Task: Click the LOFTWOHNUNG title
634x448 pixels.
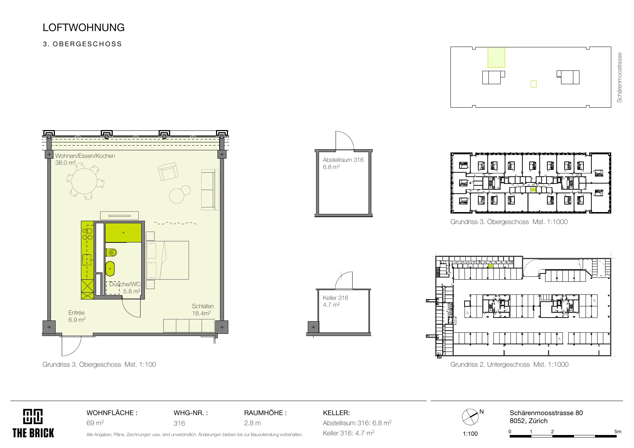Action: [83, 27]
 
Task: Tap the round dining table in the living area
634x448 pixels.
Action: [83, 182]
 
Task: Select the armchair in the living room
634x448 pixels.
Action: [168, 171]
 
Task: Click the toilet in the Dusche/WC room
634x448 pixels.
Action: [111, 253]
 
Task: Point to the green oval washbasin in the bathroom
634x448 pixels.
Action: [110, 268]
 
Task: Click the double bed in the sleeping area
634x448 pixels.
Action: [167, 260]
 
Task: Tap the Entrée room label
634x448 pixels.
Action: [76, 313]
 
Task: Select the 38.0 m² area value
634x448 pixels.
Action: [65, 163]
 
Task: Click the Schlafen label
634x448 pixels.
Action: [203, 306]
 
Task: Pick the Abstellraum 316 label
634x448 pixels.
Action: [343, 160]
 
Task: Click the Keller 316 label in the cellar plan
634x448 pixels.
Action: [336, 298]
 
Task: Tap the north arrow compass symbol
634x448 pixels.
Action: [470, 417]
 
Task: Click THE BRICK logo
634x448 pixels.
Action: [33, 423]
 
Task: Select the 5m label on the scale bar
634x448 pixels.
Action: [618, 431]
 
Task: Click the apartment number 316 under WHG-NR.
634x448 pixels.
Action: [179, 423]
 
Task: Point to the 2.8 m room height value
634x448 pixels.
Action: [252, 423]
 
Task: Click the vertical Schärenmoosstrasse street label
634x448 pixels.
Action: [620, 78]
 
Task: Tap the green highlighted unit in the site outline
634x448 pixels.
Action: [496, 57]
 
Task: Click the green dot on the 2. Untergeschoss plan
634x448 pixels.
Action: [491, 266]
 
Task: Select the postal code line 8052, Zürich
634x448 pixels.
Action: [529, 421]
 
